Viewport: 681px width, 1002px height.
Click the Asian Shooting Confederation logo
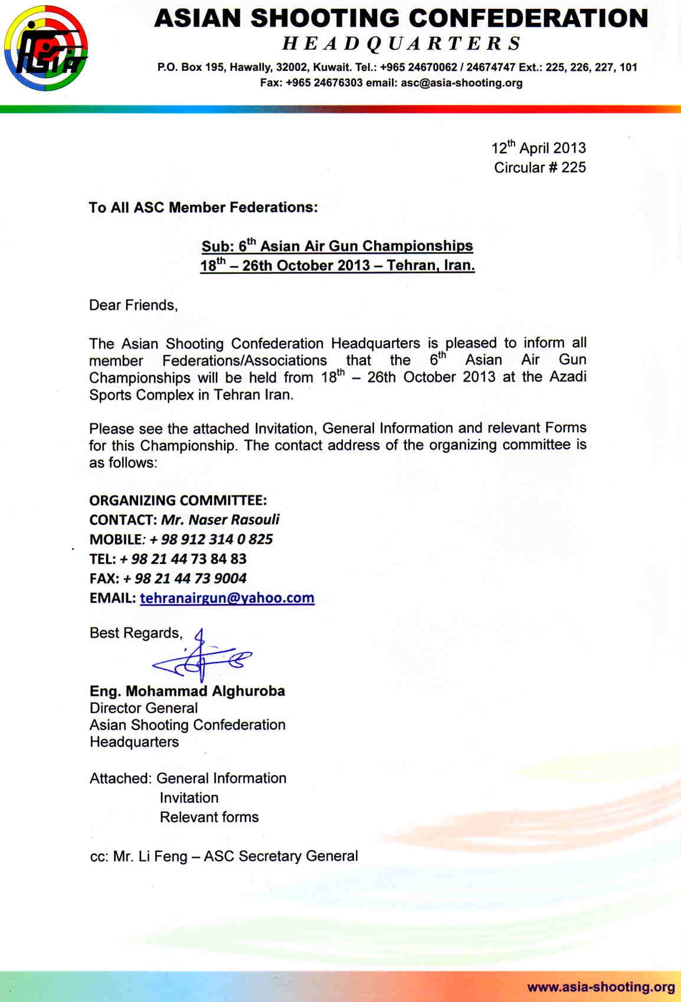46,48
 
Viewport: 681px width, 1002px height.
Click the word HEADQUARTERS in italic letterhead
401,43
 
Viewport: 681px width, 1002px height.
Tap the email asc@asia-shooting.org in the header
461,83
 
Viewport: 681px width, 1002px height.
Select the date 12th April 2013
538,148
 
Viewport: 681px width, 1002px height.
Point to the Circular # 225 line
539,168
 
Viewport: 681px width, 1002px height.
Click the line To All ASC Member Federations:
203,208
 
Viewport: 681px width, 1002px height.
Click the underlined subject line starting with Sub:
337,246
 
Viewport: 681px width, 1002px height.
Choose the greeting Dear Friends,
133,305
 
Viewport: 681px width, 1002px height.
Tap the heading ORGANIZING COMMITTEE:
178,501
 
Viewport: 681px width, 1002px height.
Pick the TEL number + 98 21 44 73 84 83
183,559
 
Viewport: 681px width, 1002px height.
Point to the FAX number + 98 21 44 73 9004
185,579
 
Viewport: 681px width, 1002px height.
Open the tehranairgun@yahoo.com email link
227,598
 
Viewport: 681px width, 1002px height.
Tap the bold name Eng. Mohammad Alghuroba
187,691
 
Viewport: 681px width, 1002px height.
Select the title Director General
143,708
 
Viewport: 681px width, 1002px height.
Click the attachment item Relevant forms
209,817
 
